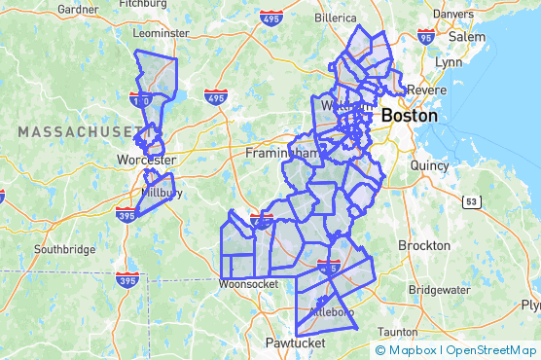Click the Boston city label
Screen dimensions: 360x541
pyautogui.click(x=409, y=115)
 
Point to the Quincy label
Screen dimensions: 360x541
pyautogui.click(x=429, y=165)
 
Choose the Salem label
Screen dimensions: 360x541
pyautogui.click(x=466, y=36)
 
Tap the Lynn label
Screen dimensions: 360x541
pyautogui.click(x=450, y=61)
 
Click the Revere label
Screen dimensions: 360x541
pyautogui.click(x=429, y=90)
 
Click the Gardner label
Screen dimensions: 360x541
pyautogui.click(x=79, y=9)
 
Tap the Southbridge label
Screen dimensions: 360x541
pyautogui.click(x=65, y=249)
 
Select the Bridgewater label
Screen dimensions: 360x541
pyautogui.click(x=439, y=290)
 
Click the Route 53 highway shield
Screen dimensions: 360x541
pyautogui.click(x=470, y=201)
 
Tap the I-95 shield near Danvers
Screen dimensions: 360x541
pyautogui.click(x=425, y=36)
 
